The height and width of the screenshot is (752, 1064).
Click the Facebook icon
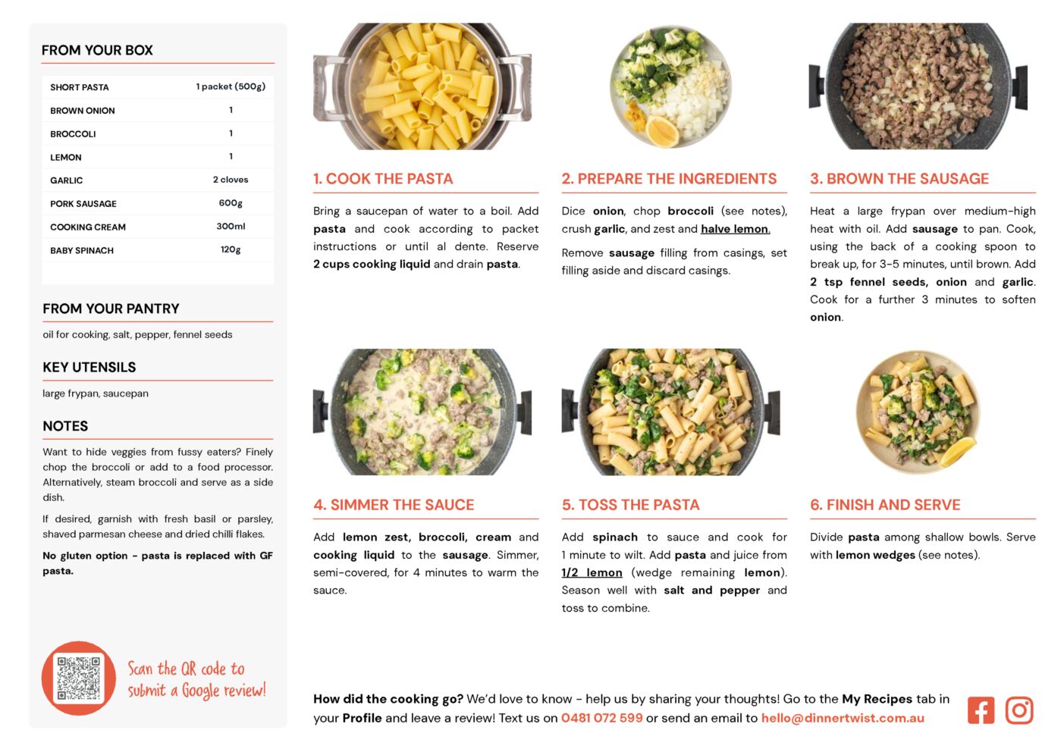[981, 710]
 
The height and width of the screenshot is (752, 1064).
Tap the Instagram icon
[1019, 710]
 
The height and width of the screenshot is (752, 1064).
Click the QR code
[79, 678]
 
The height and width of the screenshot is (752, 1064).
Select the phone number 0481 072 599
[602, 718]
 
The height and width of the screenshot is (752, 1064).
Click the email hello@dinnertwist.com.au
[843, 718]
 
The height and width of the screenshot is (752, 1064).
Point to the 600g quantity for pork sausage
[231, 203]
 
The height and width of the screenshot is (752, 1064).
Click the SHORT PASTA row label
[80, 87]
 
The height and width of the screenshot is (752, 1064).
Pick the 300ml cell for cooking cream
[231, 227]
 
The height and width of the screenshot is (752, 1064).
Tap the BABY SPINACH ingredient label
[82, 250]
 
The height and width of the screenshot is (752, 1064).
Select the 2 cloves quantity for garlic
[231, 180]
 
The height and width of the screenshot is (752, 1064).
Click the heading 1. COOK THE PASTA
[383, 178]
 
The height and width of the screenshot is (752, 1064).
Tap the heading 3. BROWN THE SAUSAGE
[899, 178]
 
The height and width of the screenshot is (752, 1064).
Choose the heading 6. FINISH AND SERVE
[885, 505]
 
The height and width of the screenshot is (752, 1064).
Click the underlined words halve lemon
[736, 229]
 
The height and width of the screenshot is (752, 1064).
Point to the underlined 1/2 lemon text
[592, 572]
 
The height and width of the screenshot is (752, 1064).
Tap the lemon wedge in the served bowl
[957, 451]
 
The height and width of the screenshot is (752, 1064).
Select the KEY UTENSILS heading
[89, 368]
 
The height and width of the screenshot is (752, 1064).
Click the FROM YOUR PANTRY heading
[111, 309]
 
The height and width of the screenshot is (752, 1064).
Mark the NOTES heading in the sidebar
[65, 426]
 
